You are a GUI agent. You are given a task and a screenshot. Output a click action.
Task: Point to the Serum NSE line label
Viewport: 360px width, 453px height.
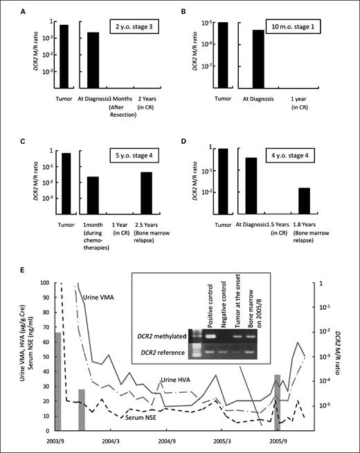[145, 417]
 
